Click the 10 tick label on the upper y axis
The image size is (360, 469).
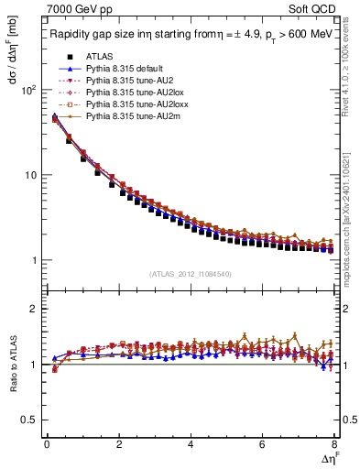[31, 175]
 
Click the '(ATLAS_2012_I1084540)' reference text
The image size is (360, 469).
[191, 274]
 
